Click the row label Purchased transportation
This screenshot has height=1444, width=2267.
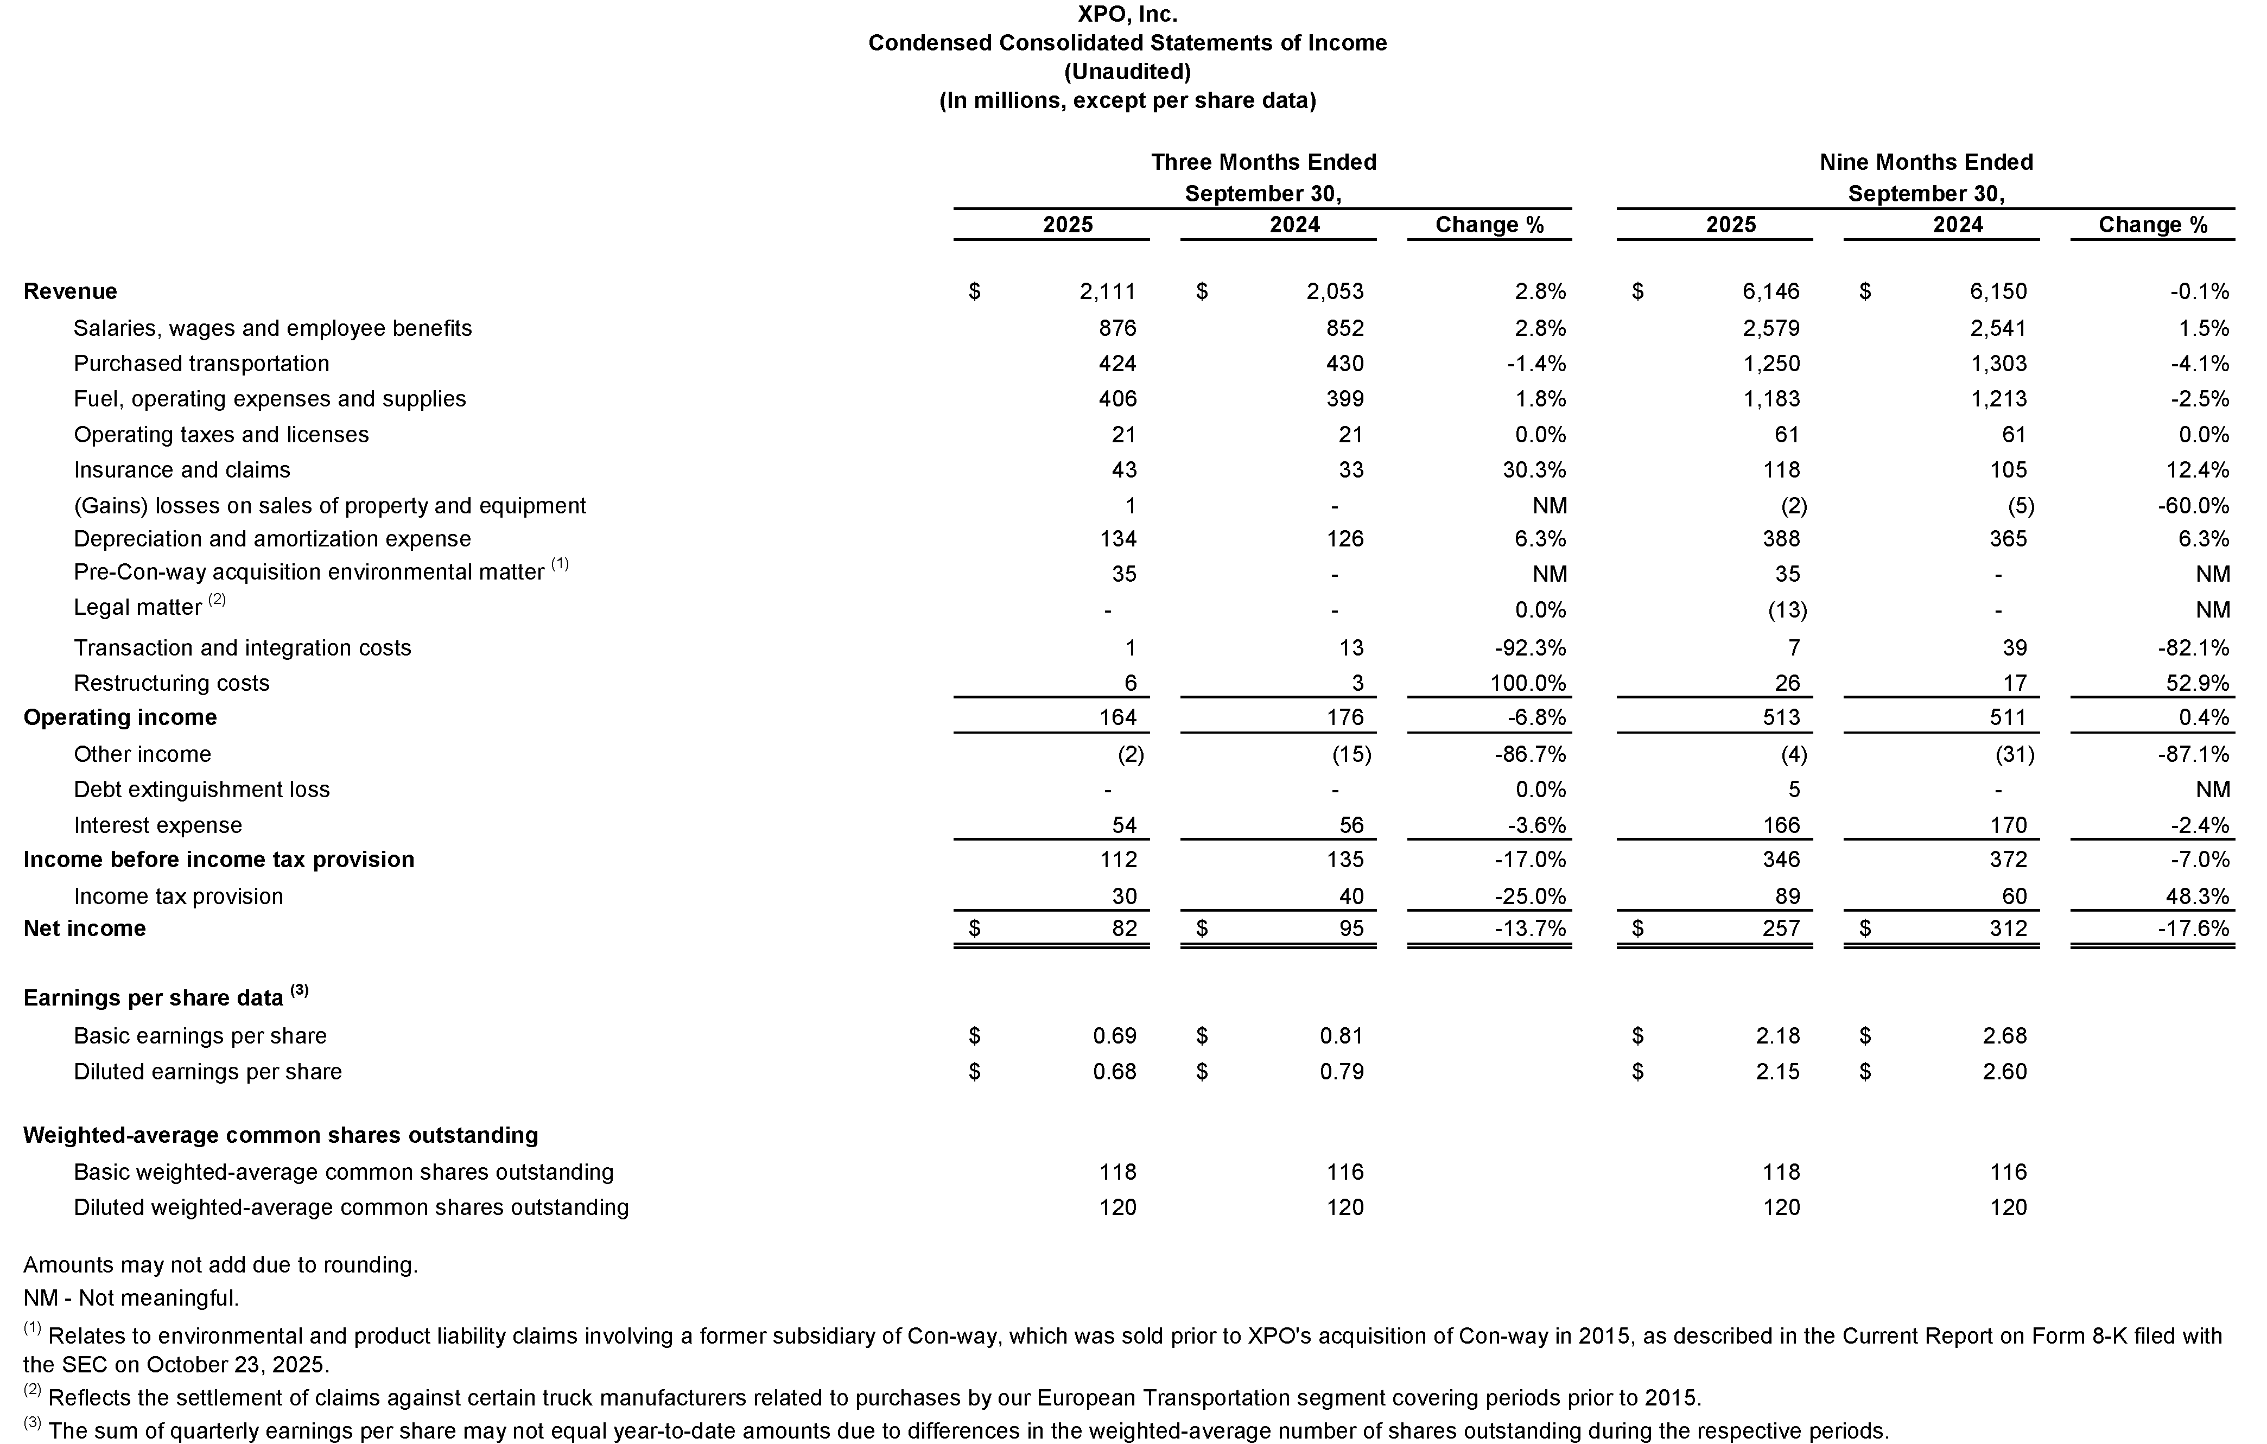point(201,364)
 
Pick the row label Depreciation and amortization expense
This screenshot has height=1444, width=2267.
point(272,539)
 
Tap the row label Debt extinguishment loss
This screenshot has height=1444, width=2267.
point(201,790)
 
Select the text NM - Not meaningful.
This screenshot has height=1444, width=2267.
point(131,1298)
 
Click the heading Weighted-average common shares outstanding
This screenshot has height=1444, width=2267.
point(281,1135)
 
